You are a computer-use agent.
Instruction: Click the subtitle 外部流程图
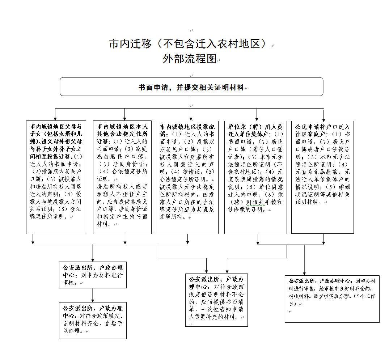(x=189, y=59)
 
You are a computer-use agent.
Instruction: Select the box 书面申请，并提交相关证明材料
(x=191, y=87)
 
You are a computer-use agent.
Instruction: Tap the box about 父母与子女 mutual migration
(x=56, y=177)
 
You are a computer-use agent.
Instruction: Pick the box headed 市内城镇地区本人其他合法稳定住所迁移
(x=122, y=177)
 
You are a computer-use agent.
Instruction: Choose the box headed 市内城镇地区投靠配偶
(x=187, y=177)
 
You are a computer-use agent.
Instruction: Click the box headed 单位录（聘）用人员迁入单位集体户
(x=255, y=177)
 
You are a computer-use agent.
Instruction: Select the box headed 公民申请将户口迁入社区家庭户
(x=322, y=177)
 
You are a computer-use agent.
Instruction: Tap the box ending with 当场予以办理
(x=93, y=321)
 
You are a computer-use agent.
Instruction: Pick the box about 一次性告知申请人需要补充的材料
(x=216, y=300)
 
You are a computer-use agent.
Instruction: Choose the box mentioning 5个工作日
(x=332, y=298)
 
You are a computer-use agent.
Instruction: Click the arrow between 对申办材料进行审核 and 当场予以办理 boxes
(x=93, y=295)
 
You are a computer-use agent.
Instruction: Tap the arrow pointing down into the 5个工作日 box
(x=304, y=261)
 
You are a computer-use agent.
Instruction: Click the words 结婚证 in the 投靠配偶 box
(x=191, y=171)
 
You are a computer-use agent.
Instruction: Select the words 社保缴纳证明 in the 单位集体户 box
(x=250, y=209)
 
